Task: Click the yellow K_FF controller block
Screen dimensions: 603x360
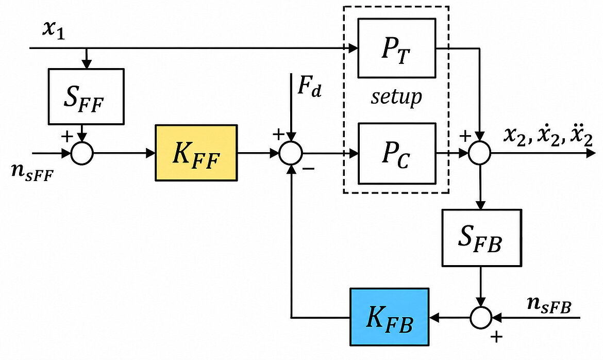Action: click(x=196, y=153)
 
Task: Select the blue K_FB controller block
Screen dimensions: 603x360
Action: click(x=390, y=317)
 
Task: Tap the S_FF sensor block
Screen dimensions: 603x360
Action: click(x=86, y=96)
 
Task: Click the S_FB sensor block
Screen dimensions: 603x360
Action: click(x=482, y=238)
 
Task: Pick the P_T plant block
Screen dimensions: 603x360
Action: click(x=397, y=48)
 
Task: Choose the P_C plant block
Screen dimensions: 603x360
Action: click(x=397, y=153)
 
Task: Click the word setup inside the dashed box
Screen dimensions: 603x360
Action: click(x=396, y=97)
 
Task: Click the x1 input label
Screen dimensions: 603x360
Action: click(x=54, y=29)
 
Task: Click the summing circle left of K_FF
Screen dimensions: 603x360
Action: click(x=82, y=153)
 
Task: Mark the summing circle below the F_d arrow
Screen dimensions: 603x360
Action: click(x=291, y=153)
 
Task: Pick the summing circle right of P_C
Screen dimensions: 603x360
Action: click(x=479, y=153)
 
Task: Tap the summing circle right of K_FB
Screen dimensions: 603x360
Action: click(x=481, y=317)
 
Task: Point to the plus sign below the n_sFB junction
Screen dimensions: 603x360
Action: click(x=496, y=337)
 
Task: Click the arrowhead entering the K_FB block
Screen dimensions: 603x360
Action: click(x=434, y=317)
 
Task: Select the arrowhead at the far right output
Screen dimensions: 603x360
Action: click(x=591, y=153)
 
